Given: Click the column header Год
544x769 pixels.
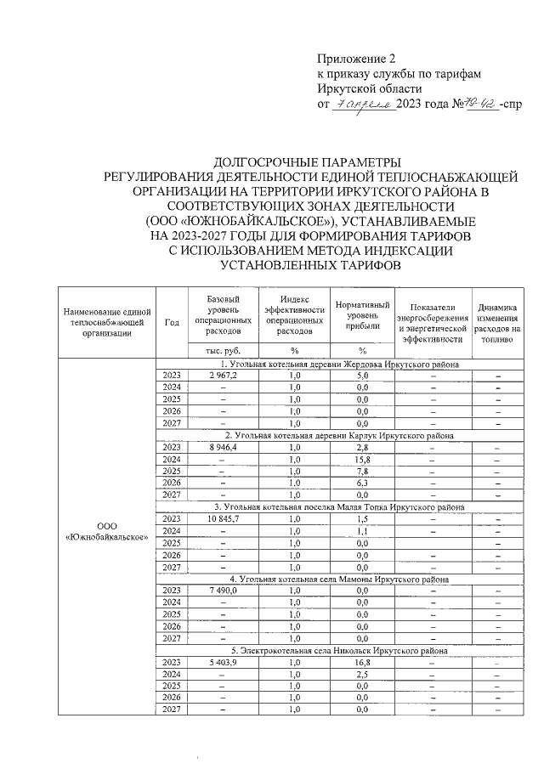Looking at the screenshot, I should pos(173,323).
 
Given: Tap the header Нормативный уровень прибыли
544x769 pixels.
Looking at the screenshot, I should pos(362,316).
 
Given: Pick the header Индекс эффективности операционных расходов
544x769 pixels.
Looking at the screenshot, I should pos(294,316).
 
